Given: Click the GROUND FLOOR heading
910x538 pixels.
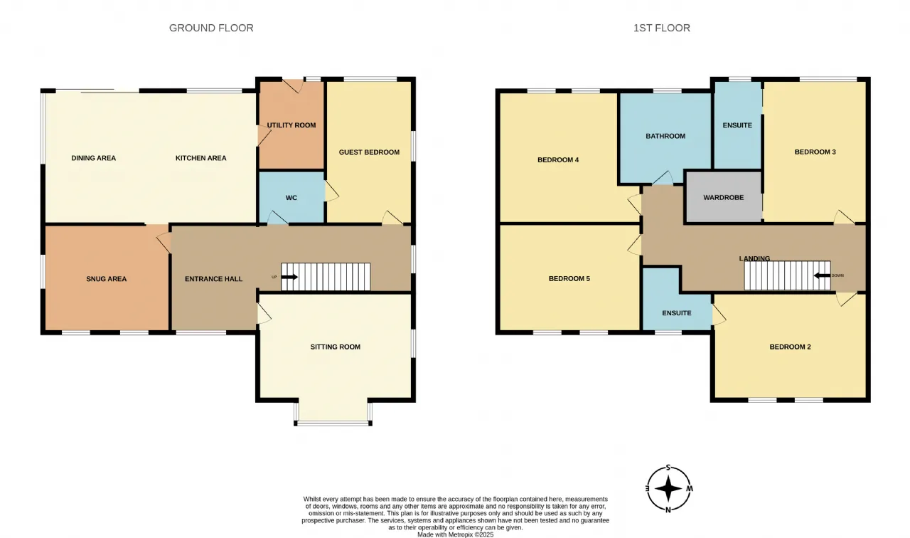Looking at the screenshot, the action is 211,28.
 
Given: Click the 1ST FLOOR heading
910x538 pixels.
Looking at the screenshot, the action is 662,28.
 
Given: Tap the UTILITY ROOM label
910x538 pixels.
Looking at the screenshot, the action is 291,125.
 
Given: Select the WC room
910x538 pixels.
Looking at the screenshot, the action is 291,197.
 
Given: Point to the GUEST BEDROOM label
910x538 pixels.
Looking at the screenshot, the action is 369,152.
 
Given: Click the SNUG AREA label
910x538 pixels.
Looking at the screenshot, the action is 107,279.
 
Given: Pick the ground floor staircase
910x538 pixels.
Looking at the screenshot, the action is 326,277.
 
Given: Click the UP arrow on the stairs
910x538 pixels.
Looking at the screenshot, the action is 289,278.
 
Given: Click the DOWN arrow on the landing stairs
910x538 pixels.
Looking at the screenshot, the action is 823,275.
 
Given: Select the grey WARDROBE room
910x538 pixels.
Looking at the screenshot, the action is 724,197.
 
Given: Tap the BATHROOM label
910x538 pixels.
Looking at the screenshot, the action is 665,136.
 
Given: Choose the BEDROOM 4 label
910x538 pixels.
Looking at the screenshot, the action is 558,160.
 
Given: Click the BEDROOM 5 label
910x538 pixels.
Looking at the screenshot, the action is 569,278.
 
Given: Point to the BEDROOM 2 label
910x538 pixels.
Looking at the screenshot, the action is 790,347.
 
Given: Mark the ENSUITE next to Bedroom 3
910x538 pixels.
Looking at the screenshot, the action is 737,125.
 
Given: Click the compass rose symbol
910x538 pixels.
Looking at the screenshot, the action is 669,488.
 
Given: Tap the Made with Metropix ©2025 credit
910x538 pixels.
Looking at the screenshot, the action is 456,534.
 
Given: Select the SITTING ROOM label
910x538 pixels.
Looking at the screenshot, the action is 335,347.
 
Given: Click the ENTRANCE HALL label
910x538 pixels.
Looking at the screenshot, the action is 214,279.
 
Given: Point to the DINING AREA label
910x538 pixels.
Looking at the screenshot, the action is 93,158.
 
